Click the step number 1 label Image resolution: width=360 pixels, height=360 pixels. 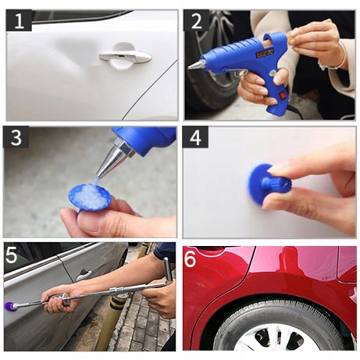[x=19, y=20]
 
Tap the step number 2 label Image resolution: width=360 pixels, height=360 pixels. [x=197, y=20]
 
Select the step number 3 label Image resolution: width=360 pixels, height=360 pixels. [x=16, y=137]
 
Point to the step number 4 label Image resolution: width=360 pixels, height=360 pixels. [x=195, y=137]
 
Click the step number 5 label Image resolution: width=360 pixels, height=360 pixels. [x=11, y=255]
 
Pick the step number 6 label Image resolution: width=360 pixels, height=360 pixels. [x=191, y=258]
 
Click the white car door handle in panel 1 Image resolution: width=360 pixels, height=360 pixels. [x=125, y=56]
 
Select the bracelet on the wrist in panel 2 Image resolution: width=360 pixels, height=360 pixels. [x=334, y=59]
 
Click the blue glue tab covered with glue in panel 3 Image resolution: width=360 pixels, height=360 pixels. [x=90, y=197]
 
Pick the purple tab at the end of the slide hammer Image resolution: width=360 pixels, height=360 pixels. [x=9, y=306]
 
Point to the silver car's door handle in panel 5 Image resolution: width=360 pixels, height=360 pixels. [x=84, y=274]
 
